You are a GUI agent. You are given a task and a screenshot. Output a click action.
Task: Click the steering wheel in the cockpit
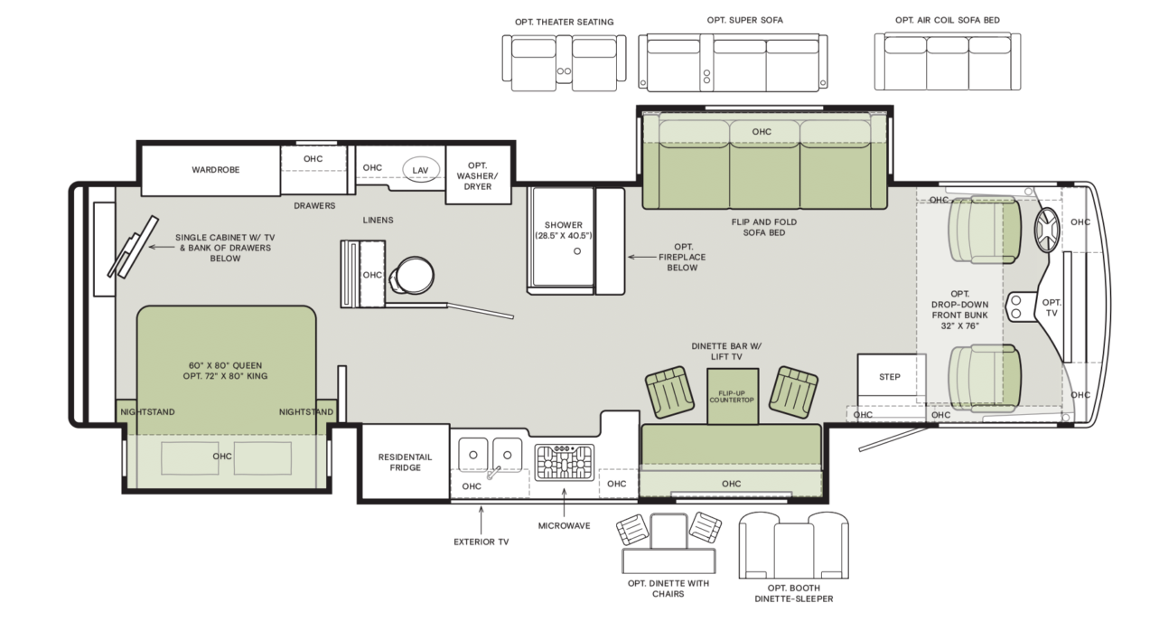(1047, 230)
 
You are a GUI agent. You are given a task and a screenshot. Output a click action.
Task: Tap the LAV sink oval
(421, 169)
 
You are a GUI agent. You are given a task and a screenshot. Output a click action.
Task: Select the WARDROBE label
(216, 170)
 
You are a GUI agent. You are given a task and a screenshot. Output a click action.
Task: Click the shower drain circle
(577, 251)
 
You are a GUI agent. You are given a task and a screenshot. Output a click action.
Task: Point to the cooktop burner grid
(564, 462)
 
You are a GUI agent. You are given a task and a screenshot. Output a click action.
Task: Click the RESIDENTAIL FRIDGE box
(405, 462)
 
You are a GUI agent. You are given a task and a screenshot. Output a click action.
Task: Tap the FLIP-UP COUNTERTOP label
(732, 397)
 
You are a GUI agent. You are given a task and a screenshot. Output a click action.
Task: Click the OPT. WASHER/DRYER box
(478, 175)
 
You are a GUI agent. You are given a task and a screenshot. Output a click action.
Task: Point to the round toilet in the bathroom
(412, 276)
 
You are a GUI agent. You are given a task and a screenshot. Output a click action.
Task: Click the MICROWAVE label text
(564, 525)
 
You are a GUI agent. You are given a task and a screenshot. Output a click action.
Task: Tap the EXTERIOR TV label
(481, 542)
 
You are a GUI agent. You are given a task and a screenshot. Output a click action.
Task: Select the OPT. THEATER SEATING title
(564, 22)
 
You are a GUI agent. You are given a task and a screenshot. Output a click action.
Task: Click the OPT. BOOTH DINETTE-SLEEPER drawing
(794, 545)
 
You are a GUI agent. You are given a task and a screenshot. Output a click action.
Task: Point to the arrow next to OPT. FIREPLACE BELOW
(641, 257)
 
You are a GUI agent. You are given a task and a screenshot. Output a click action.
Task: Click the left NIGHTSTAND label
(147, 412)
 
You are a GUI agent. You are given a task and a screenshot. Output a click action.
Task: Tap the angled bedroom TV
(133, 247)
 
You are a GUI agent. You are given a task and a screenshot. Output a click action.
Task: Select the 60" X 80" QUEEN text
(225, 365)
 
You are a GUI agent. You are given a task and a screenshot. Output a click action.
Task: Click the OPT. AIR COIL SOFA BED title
(948, 20)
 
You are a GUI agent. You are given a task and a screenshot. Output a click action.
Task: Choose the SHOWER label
(564, 225)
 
